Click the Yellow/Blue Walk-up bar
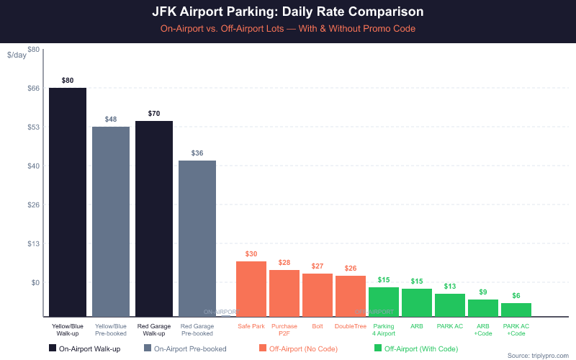tap(68, 202)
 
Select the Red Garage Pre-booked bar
tap(197, 238)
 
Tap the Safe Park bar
tap(251, 288)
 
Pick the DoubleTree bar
tap(351, 295)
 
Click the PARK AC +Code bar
tap(516, 310)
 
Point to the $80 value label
tap(68, 80)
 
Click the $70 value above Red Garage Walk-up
tap(154, 113)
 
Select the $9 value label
tap(483, 292)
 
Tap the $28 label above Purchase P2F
tap(284, 262)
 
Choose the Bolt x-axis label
tap(318, 326)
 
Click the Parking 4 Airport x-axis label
tap(384, 330)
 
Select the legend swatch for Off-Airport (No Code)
tap(263, 348)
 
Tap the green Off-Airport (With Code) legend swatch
tap(378, 348)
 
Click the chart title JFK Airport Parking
tap(288, 12)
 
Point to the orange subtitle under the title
tap(288, 29)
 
